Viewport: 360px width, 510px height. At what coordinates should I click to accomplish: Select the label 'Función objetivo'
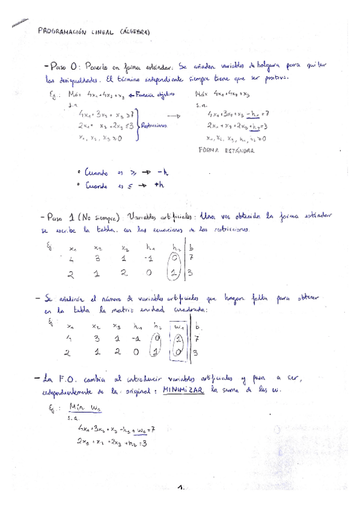pos(155,94)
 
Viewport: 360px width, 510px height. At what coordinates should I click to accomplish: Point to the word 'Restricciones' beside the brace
pos(154,126)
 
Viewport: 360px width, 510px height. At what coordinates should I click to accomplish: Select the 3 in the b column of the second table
pos(195,354)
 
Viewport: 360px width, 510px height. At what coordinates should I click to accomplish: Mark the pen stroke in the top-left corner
pos(19,22)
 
